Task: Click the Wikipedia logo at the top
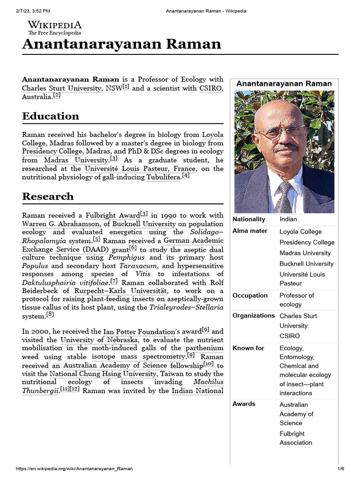54,28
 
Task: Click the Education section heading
51,116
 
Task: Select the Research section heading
48,196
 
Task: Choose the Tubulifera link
164,177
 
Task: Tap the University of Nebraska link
99,340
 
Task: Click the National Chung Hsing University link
103,374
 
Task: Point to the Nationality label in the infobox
249,219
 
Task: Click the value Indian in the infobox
288,219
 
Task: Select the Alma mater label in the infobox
250,231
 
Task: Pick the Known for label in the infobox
248,348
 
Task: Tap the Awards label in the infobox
244,404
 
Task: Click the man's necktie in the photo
283,197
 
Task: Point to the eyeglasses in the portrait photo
280,132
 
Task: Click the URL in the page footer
74,469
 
